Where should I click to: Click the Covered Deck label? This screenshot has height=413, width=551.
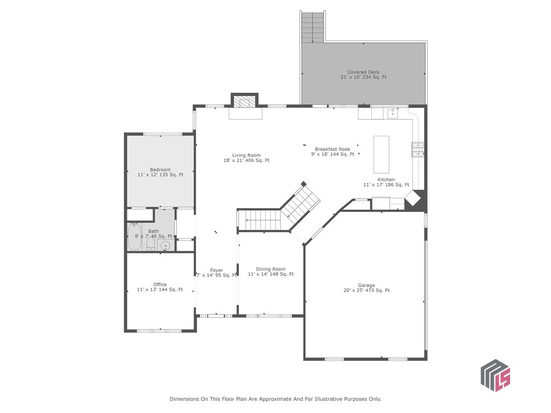(364, 72)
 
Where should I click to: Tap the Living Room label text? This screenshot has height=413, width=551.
(246, 155)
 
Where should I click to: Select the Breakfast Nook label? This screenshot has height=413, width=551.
(333, 149)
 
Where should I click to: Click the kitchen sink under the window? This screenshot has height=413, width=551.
(392, 113)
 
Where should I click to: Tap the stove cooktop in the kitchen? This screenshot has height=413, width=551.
(418, 150)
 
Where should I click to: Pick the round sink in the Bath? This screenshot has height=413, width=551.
(166, 246)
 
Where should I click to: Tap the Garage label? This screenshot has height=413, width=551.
(366, 286)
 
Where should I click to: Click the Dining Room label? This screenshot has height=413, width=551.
(271, 269)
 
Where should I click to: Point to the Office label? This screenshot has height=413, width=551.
(160, 284)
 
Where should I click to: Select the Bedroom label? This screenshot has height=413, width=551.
(160, 169)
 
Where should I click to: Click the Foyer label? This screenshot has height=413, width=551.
(216, 270)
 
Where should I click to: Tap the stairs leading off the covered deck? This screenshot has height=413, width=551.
(313, 27)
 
